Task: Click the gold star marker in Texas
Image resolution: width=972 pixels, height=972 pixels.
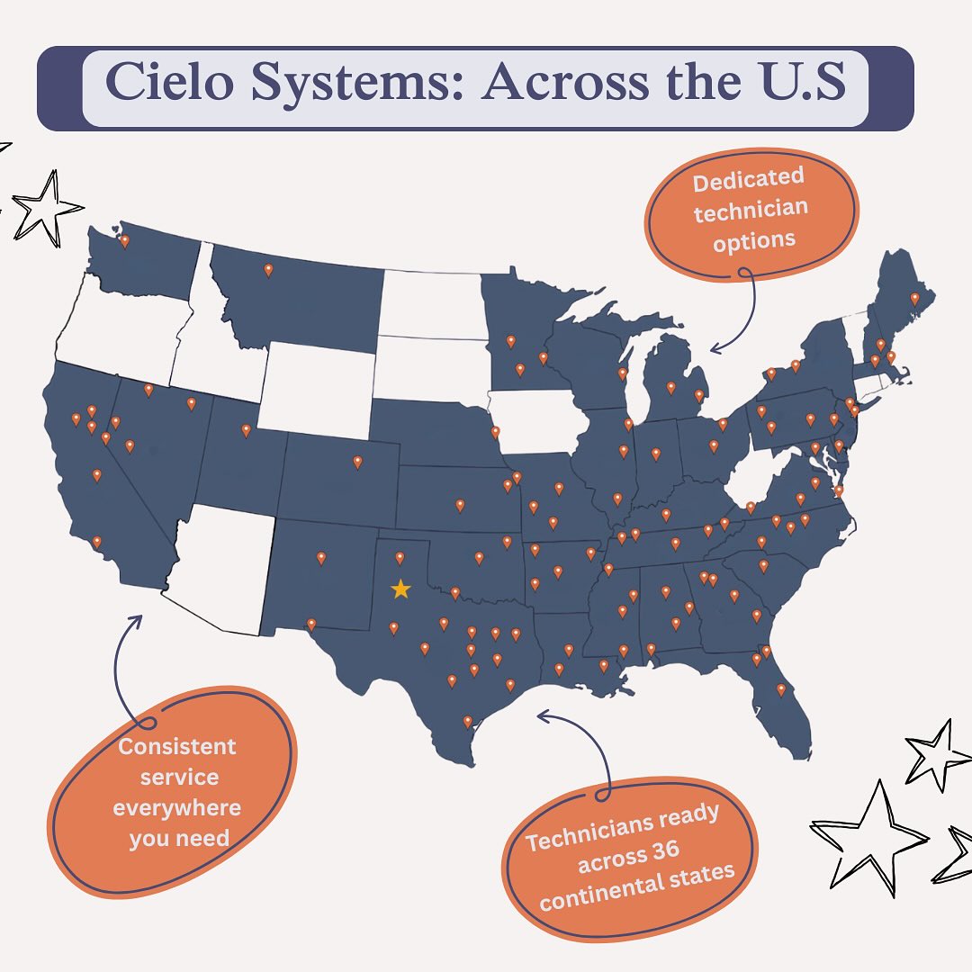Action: coord(400,589)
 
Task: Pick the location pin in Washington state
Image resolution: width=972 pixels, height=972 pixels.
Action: coord(124,240)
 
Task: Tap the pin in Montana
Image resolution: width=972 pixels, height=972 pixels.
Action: coord(267,269)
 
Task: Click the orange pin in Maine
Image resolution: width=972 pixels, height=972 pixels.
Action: coord(914,298)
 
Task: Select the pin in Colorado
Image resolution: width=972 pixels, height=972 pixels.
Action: coord(357,462)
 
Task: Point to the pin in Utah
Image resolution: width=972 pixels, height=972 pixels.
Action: coord(246,430)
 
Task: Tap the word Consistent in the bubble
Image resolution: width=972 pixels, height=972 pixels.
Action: coord(177,747)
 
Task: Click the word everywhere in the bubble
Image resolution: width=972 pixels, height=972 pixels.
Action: coord(177,807)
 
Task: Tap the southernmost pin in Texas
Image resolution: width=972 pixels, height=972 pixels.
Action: coord(467,721)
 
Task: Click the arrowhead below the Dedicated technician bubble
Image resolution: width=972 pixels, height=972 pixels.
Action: coord(713,348)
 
